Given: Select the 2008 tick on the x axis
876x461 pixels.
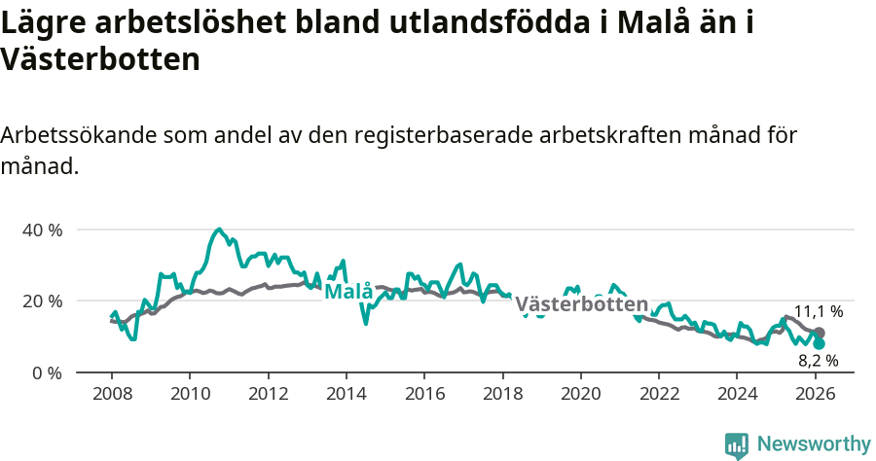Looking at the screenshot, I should (x=112, y=396).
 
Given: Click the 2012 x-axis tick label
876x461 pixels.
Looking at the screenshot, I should (x=268, y=396).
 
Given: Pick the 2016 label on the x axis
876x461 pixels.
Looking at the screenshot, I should (x=424, y=396).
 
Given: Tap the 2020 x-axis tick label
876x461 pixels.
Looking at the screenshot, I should (x=580, y=396).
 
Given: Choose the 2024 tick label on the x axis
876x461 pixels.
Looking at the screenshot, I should (x=737, y=396).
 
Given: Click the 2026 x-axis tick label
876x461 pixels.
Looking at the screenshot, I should (x=815, y=396).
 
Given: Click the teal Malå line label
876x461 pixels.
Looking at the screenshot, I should (x=347, y=292).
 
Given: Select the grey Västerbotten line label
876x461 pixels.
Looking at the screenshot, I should (x=581, y=304).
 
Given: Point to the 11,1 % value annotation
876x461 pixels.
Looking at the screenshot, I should (x=819, y=312).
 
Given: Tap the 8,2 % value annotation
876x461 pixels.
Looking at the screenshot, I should (x=819, y=360).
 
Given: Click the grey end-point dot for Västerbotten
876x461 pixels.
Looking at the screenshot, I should (x=820, y=334).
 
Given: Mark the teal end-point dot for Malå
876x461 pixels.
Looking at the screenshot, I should (x=820, y=344).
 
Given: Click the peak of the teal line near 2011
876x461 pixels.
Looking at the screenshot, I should (x=219, y=230).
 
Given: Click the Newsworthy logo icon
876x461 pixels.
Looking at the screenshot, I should (x=737, y=445).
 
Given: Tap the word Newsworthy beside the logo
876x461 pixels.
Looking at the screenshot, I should (x=814, y=444).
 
